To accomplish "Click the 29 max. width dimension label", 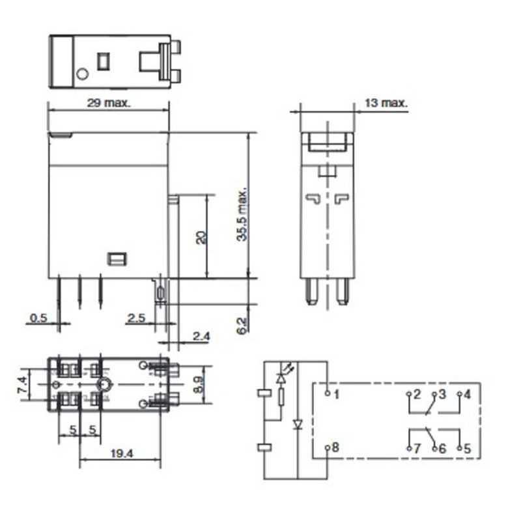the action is [109, 103].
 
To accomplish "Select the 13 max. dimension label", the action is [386, 103].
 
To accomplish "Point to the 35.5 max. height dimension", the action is [242, 215].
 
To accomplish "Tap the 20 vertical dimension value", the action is [201, 238].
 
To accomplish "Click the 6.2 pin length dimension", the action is [242, 326].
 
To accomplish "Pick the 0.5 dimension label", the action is [38, 318].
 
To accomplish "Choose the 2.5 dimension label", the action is [137, 318].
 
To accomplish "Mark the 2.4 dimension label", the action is [202, 336].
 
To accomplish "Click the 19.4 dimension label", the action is [121, 453].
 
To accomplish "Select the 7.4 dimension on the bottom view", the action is [22, 385].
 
